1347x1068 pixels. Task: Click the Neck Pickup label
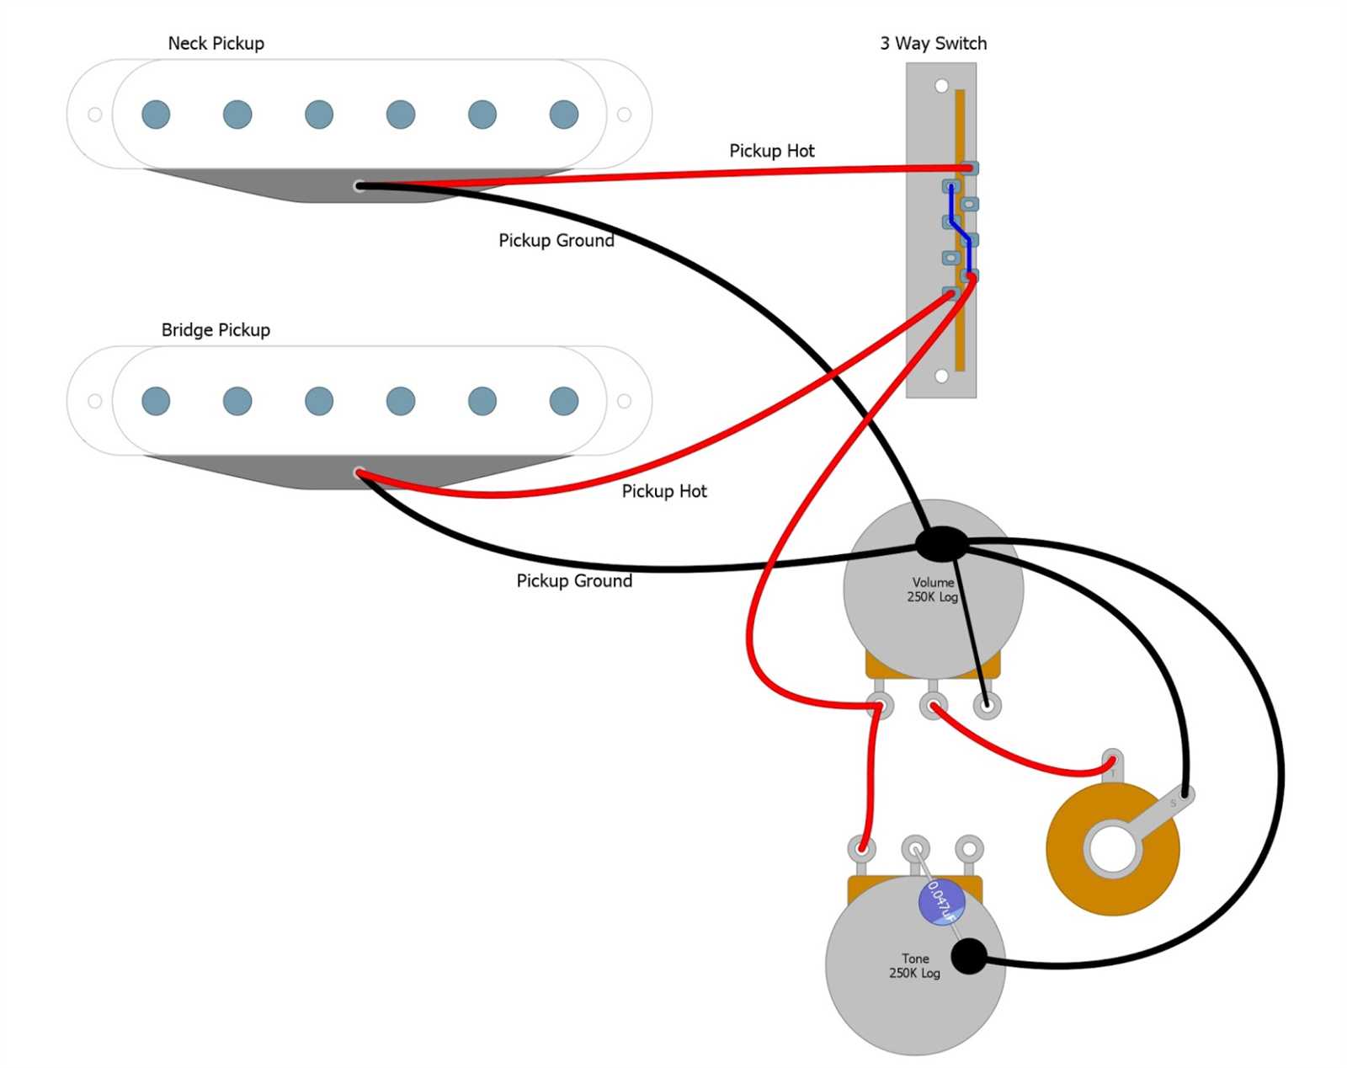click(x=216, y=44)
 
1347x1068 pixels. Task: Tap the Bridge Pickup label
click(x=216, y=330)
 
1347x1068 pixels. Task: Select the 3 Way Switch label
click(x=933, y=44)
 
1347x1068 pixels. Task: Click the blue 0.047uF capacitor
click(x=941, y=901)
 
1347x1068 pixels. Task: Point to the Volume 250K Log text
click(x=932, y=590)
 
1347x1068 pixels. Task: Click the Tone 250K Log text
click(x=914, y=966)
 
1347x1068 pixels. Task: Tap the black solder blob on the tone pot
click(x=969, y=956)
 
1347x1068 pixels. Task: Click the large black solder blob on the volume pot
click(x=941, y=544)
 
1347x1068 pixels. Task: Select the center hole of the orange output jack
click(x=1112, y=850)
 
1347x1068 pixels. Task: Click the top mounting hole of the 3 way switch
click(x=941, y=86)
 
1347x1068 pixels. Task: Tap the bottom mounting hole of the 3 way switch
click(x=941, y=376)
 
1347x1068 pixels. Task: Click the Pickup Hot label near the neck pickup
click(x=771, y=151)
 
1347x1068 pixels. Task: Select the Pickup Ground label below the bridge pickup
click(x=574, y=581)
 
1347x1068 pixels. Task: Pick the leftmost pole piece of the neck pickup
click(x=156, y=115)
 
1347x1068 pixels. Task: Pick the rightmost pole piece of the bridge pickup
click(x=563, y=401)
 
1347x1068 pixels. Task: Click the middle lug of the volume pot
click(x=933, y=706)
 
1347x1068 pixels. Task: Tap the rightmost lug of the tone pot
click(x=969, y=847)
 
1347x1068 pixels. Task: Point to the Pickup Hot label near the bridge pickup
click(x=664, y=491)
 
